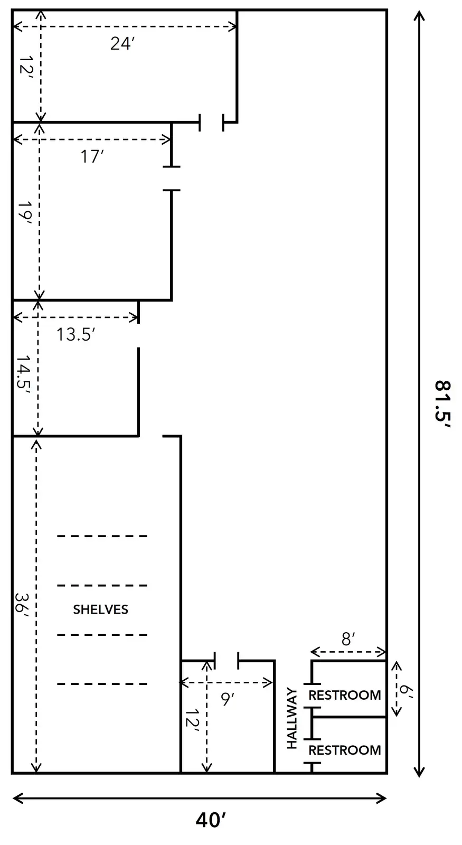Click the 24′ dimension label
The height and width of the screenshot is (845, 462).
[x=122, y=44]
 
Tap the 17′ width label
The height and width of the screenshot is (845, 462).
[x=92, y=156]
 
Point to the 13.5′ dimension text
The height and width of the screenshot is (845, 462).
[x=76, y=334]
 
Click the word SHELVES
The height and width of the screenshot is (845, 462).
[x=100, y=609]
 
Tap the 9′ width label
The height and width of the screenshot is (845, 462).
[x=228, y=699]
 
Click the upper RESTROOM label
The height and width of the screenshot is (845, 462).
[x=345, y=695]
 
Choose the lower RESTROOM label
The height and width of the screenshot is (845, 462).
[x=345, y=750]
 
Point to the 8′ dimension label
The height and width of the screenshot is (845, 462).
[x=348, y=640]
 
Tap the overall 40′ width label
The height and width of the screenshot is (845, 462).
[x=211, y=820]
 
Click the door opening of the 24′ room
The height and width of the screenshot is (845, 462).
[x=211, y=122]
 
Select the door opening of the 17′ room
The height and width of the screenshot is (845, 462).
[x=172, y=179]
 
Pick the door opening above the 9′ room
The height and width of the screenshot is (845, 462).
[x=227, y=661]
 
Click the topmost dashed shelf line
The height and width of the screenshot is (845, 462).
[x=102, y=536]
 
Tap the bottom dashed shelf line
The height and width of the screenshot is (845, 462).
[x=102, y=683]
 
